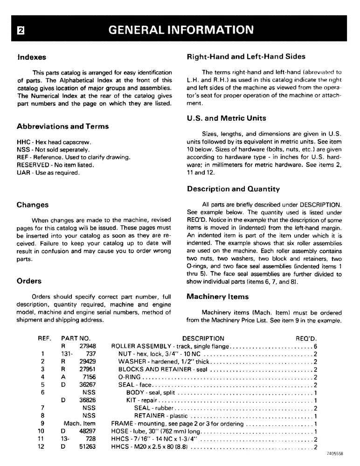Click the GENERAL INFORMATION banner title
(x=180, y=30)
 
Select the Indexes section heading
(x=31, y=57)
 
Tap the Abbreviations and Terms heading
(x=62, y=126)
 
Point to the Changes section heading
(x=33, y=205)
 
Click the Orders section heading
(x=29, y=281)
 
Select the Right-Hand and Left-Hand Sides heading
(x=246, y=56)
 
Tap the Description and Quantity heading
(x=233, y=189)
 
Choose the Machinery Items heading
(x=217, y=296)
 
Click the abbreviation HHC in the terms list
(x=22, y=142)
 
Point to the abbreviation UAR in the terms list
(x=22, y=172)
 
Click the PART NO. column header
(x=76, y=338)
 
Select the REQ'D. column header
(x=306, y=338)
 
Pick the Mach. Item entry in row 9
(x=79, y=424)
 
